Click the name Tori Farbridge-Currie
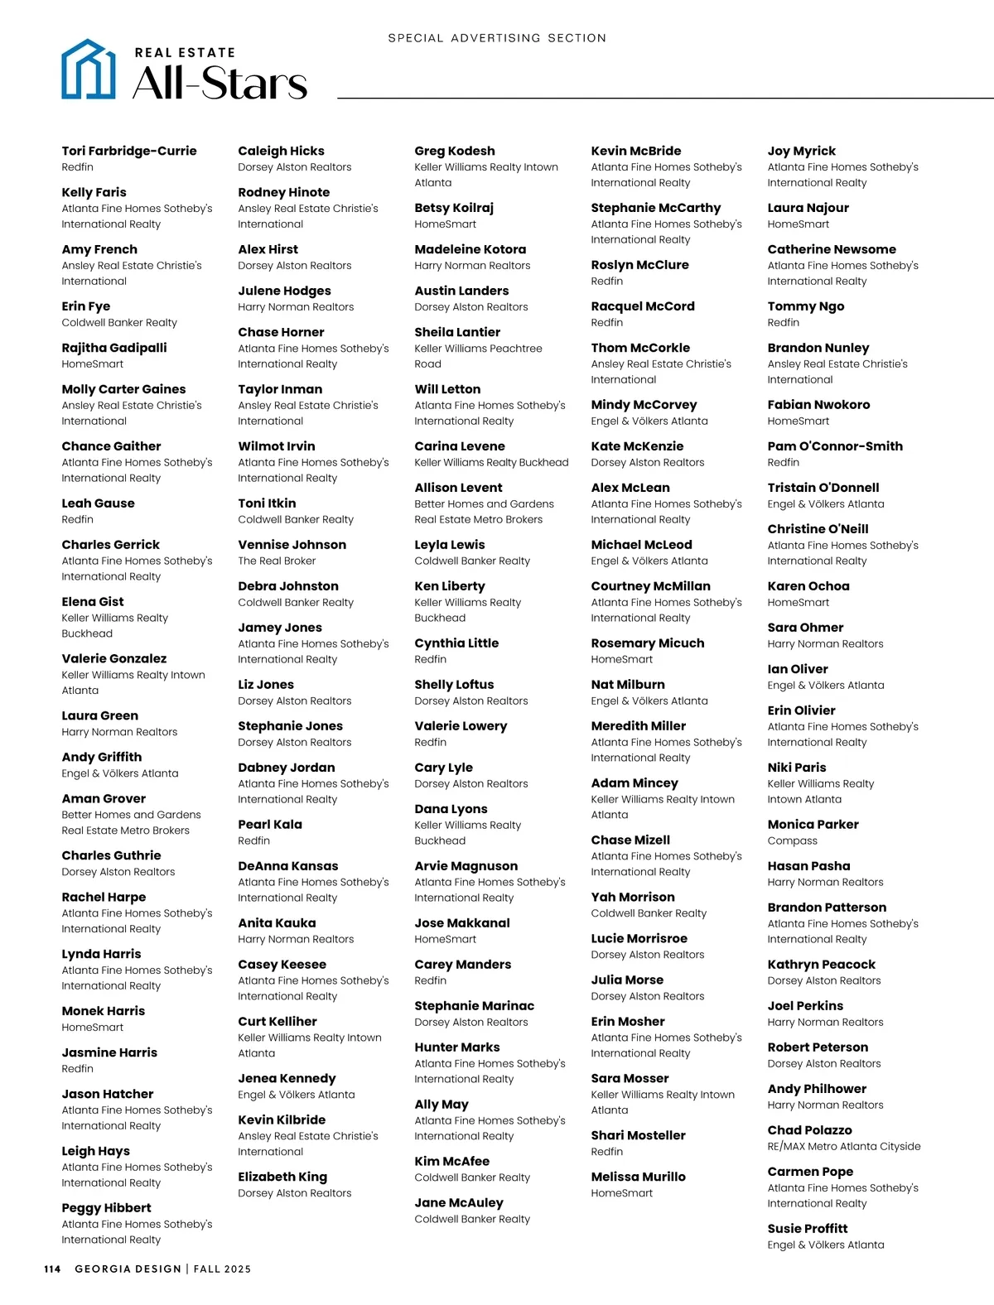point(129,151)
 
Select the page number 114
point(52,1269)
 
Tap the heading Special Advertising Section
point(497,38)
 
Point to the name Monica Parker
point(813,825)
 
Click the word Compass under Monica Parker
point(792,840)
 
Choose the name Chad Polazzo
point(809,1130)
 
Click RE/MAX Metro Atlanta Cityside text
point(843,1147)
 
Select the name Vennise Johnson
point(292,545)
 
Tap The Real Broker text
point(277,561)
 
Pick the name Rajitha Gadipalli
point(114,348)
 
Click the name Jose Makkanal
point(462,923)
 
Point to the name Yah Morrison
point(633,897)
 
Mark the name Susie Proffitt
point(807,1229)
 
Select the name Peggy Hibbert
point(106,1208)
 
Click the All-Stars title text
point(220,83)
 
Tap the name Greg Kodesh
point(455,151)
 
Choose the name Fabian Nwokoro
point(818,405)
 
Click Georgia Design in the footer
point(128,1269)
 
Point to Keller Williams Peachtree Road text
point(478,356)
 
